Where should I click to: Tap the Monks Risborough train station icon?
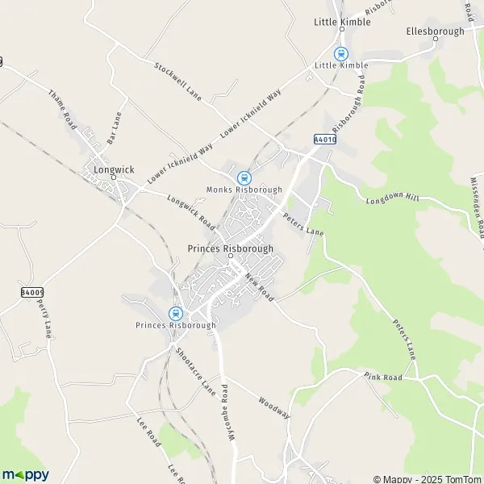tap(243, 178)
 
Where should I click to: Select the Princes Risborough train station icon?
tap(174, 314)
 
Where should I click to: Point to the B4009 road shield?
tap(31, 291)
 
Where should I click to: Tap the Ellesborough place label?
tap(436, 31)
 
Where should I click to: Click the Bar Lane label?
tap(114, 127)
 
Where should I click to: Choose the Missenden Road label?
tap(474, 202)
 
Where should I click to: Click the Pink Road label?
tap(382, 377)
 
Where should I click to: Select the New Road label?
tap(260, 286)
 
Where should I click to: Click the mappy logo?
tap(25, 474)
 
